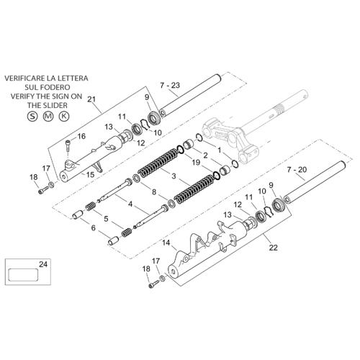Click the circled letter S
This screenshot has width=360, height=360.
tap(32, 117)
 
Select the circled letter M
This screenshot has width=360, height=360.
tap(48, 117)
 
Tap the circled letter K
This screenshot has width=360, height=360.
tap(64, 117)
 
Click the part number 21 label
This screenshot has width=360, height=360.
tap(91, 99)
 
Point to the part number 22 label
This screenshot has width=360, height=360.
tap(273, 248)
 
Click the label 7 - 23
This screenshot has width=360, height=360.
tap(170, 85)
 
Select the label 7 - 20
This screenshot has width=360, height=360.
tap(297, 170)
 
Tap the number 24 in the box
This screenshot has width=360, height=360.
tap(43, 264)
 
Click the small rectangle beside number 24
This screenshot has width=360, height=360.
tap(23, 275)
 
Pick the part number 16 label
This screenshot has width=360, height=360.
tap(81, 136)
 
